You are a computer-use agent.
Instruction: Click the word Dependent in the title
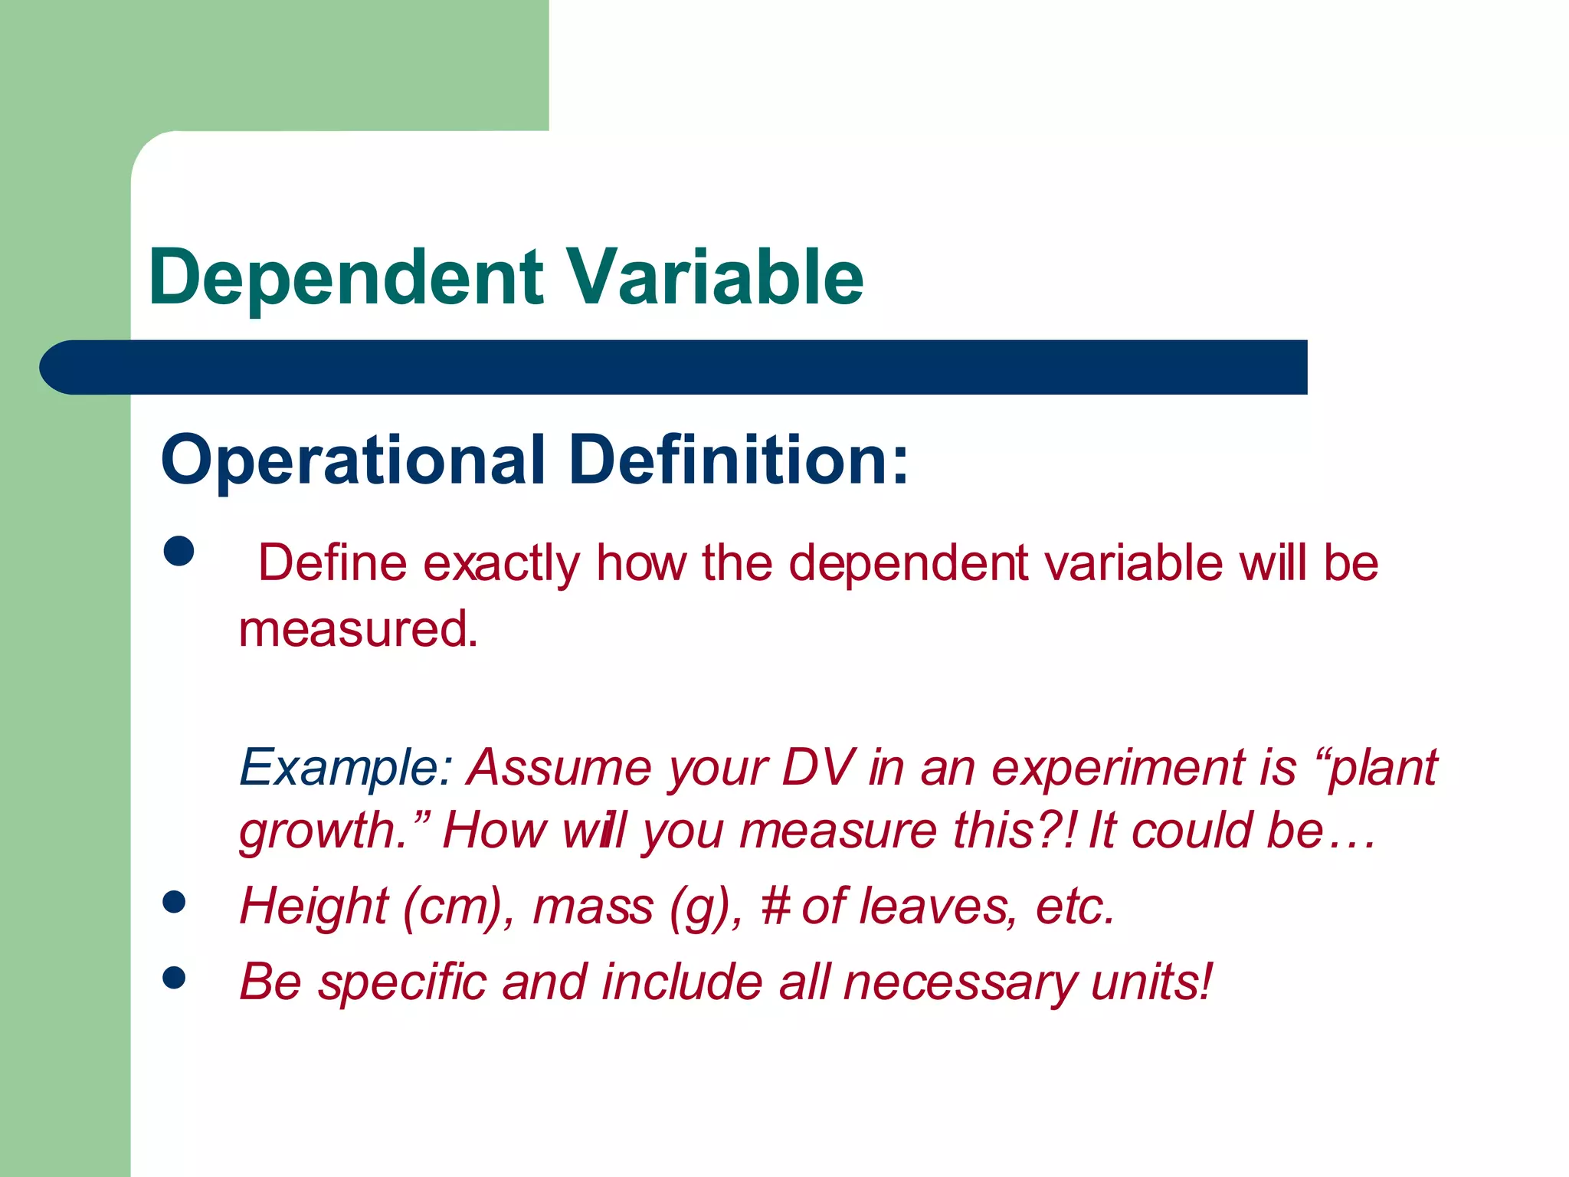(346, 277)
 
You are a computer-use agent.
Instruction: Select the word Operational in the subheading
(352, 460)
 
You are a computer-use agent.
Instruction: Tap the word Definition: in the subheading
(739, 460)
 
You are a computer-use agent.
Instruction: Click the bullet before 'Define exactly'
(179, 550)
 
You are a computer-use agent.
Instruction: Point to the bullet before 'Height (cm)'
(175, 902)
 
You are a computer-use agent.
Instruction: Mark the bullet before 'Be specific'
(175, 977)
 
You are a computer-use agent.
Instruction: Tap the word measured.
(358, 630)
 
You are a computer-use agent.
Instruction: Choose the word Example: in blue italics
(346, 768)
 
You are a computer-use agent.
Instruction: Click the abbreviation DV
(817, 767)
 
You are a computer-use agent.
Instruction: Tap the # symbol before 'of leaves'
(775, 907)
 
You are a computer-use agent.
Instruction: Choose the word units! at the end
(1151, 982)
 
